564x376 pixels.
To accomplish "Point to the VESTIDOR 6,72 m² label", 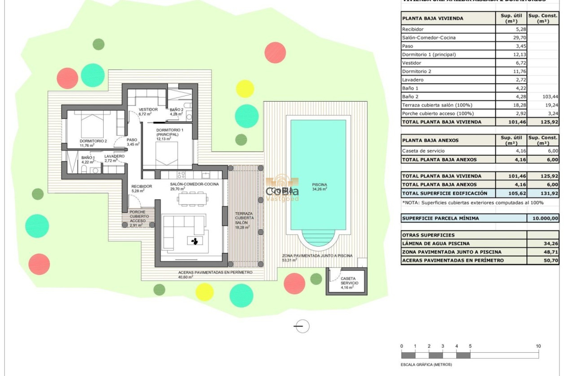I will pyautogui.click(x=148, y=111).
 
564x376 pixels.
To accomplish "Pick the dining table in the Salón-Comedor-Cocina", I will pyautogui.click(x=192, y=199).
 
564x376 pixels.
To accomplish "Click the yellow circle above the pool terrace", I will pyautogui.click(x=245, y=89).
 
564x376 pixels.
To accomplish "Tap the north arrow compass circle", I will pyautogui.click(x=302, y=326).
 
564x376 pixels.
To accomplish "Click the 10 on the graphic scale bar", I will pyautogui.click(x=538, y=346).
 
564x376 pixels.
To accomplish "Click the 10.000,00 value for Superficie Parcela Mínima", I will pyautogui.click(x=543, y=218).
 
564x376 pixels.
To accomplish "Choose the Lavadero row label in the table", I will pyautogui.click(x=413, y=80).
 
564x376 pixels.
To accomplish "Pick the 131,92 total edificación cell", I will pyautogui.click(x=543, y=193).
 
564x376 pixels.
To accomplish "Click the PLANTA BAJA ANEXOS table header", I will pyautogui.click(x=431, y=140).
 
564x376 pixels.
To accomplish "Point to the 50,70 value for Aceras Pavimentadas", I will pyautogui.click(x=543, y=260).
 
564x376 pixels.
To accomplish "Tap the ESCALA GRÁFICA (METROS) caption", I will pyautogui.click(x=426, y=365).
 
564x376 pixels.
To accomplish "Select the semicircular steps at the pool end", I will pyautogui.click(x=318, y=238).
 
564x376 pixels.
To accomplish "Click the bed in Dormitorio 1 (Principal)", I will pyautogui.click(x=167, y=155).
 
